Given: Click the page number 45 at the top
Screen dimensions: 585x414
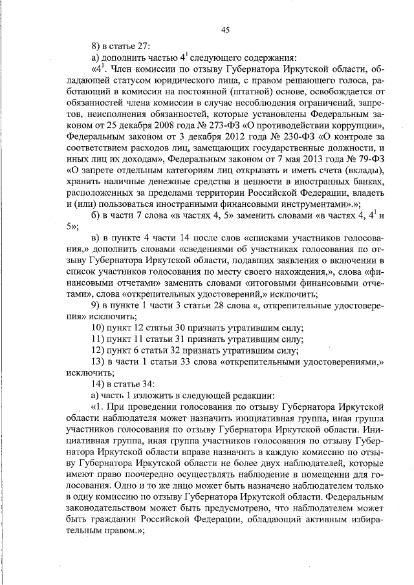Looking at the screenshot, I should pos(226,29).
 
